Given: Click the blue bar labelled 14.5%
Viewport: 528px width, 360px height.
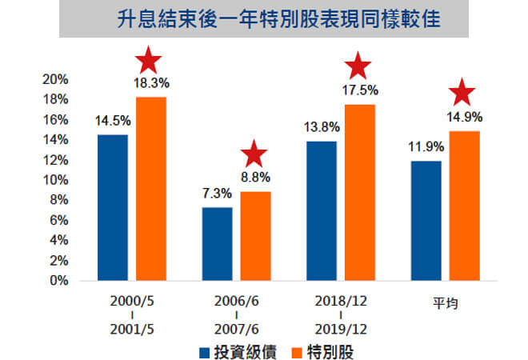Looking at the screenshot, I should (113, 207).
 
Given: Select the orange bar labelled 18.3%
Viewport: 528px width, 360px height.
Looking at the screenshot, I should (151, 189).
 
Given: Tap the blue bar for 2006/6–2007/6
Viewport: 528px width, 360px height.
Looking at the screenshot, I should (218, 244).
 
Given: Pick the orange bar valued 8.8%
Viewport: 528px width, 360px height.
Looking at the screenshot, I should (255, 236).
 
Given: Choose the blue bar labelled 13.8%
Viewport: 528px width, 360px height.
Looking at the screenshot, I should (322, 211).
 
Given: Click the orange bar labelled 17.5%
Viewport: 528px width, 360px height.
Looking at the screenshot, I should (359, 193).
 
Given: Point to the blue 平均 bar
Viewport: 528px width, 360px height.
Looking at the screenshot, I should (426, 221).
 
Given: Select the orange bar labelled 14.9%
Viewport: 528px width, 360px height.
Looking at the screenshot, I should (463, 206).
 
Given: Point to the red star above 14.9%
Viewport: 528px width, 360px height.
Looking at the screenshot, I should (462, 94).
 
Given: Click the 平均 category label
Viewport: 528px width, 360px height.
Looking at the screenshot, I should (444, 303).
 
